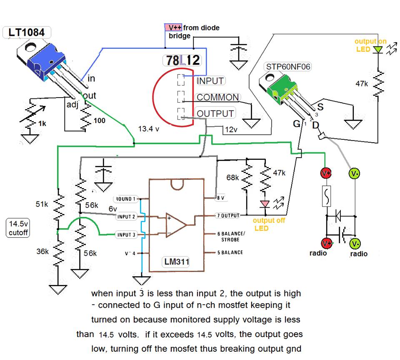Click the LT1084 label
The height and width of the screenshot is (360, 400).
tap(27, 32)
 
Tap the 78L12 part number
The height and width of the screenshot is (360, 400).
tap(183, 60)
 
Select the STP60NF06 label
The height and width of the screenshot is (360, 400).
tap(287, 67)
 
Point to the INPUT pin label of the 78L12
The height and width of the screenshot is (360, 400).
tap(210, 81)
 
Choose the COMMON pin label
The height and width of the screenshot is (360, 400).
tap(217, 98)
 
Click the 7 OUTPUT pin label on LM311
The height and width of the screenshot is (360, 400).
tap(228, 216)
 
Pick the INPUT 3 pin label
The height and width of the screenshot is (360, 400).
tap(126, 235)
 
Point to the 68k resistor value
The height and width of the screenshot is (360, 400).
tap(233, 178)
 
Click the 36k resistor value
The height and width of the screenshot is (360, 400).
tap(42, 252)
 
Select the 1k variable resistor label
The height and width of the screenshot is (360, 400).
tap(42, 123)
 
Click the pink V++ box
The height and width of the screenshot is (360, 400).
tap(173, 27)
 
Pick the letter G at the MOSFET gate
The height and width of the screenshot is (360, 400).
tap(297, 123)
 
